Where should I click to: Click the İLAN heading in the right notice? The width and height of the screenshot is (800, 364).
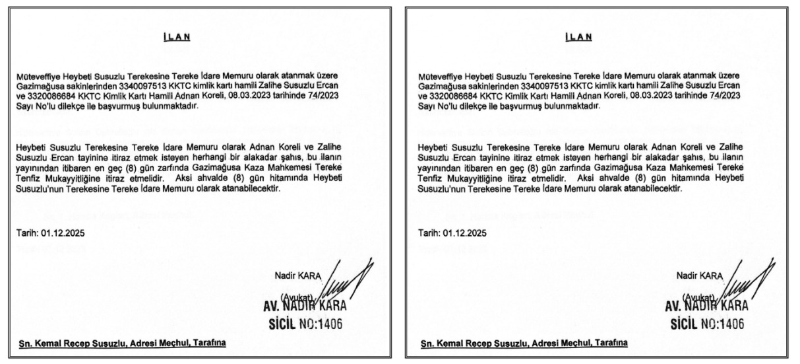pos(578,37)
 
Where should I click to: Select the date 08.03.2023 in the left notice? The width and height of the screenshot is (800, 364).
pos(270,94)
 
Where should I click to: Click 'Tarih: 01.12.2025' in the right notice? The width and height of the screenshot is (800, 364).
pos(452,234)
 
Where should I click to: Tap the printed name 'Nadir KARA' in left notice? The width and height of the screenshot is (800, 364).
pos(295,275)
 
